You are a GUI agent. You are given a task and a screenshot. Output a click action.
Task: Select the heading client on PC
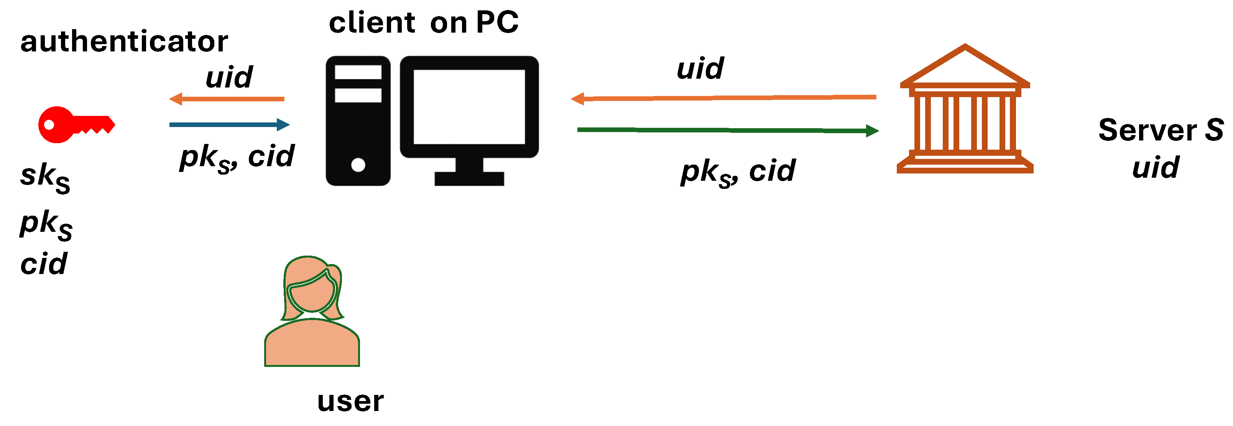pos(424,23)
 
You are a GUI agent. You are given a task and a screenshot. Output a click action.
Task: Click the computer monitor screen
pos(469,106)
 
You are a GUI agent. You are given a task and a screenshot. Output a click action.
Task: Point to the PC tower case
pos(358,121)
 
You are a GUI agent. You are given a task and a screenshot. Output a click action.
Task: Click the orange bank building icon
pos(965,110)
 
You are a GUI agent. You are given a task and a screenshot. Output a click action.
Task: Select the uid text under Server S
pos(1156,167)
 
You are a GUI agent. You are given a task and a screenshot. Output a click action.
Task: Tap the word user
pos(350,401)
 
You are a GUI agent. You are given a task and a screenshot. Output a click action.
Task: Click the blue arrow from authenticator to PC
pos(229,125)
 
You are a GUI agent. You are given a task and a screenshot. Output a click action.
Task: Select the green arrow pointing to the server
pos(728,130)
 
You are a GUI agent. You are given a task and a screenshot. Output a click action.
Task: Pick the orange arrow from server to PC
pos(723,98)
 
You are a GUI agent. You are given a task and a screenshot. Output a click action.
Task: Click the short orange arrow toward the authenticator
pos(227,99)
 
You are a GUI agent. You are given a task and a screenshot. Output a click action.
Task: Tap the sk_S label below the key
pos(45,177)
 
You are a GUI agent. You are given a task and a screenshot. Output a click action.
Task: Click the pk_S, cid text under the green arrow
pos(738,172)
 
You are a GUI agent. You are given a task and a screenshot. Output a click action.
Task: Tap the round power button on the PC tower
pos(358,165)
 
